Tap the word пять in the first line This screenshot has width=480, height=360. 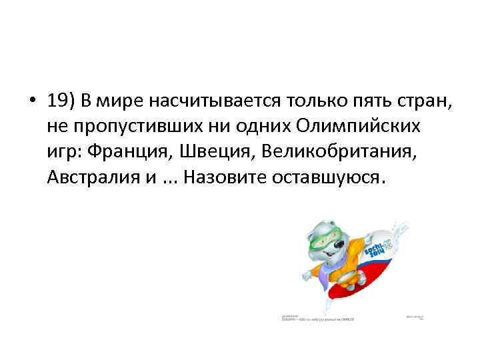(337, 101)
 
